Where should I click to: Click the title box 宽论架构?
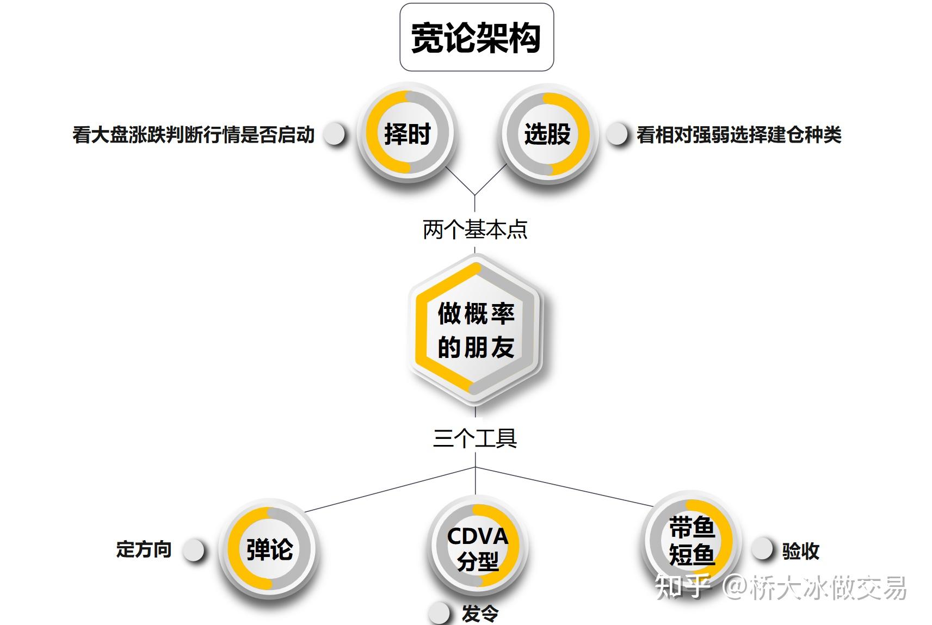click(476, 37)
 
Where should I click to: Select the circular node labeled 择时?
click(408, 133)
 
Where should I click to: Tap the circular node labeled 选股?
click(547, 133)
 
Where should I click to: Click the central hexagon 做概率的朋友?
click(476, 331)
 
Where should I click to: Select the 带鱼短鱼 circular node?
click(691, 541)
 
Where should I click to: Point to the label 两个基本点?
click(475, 230)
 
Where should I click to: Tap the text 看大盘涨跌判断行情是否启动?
click(193, 134)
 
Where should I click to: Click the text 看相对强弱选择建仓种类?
click(739, 134)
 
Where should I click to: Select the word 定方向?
click(144, 549)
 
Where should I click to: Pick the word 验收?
click(800, 551)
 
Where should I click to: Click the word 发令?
click(480, 614)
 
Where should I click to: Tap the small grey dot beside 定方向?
click(193, 550)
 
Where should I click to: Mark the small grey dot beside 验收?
click(762, 549)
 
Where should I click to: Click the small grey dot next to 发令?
click(439, 613)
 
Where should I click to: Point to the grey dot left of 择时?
click(334, 134)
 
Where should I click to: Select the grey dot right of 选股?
click(617, 134)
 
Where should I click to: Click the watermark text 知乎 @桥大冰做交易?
click(781, 587)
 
